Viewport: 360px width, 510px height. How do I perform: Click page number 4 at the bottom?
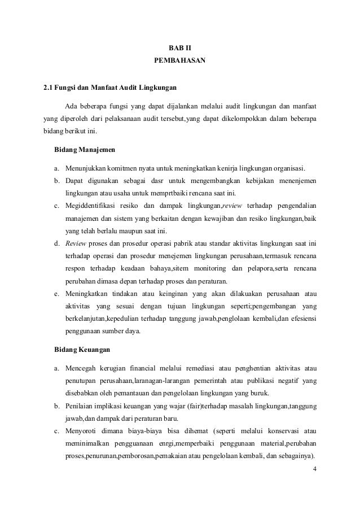[314, 469]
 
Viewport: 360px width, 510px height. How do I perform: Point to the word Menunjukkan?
[82, 169]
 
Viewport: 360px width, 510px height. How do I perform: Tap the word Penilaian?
[81, 406]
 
